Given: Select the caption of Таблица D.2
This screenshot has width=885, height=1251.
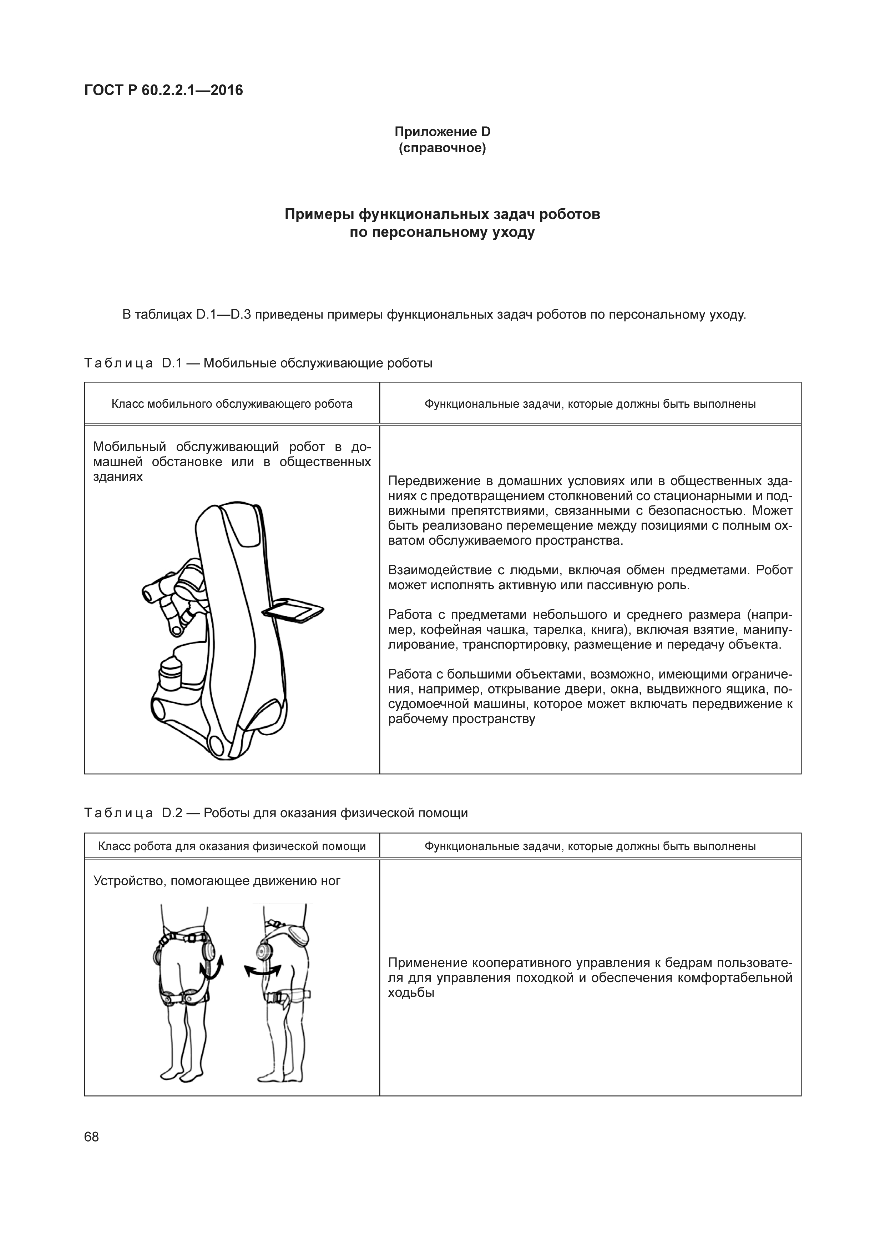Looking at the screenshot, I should point(276,813).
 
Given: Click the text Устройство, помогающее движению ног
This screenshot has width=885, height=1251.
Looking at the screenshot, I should point(217,881).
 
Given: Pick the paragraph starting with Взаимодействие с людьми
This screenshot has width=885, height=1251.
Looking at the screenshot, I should point(590,578).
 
